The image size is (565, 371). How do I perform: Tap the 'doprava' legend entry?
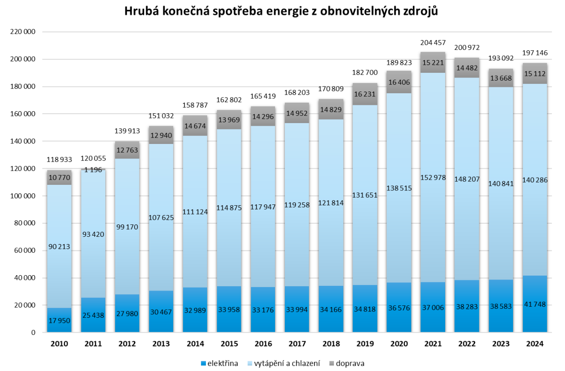(x=350, y=363)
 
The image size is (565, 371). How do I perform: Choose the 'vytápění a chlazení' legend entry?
(x=287, y=363)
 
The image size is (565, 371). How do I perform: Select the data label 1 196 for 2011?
(x=93, y=170)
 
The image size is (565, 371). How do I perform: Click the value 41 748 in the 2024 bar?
(x=535, y=304)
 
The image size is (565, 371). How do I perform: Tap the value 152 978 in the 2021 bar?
(x=433, y=177)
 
